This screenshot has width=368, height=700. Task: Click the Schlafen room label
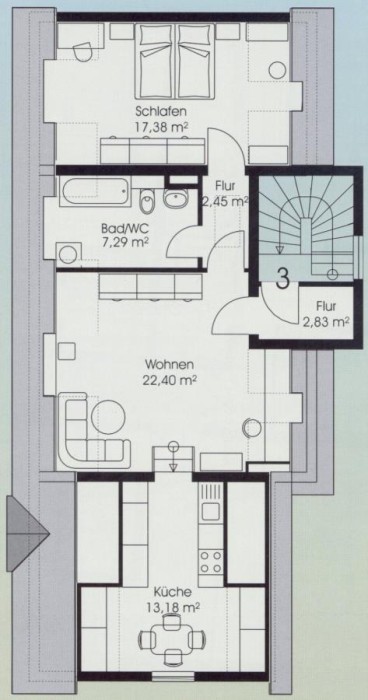point(161,111)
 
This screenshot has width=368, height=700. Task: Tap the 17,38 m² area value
point(161,126)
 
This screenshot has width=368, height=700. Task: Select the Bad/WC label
point(125,230)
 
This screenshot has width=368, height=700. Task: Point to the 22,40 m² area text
point(171,380)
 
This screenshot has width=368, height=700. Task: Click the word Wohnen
point(169,365)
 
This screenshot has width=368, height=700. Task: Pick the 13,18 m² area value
point(172,607)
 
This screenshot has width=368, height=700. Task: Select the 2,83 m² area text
point(326,322)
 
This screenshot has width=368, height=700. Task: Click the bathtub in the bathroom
point(95,192)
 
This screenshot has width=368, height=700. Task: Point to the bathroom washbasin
point(175,198)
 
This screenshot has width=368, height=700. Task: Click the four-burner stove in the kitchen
point(211,562)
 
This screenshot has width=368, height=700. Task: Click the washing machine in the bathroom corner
point(68,254)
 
